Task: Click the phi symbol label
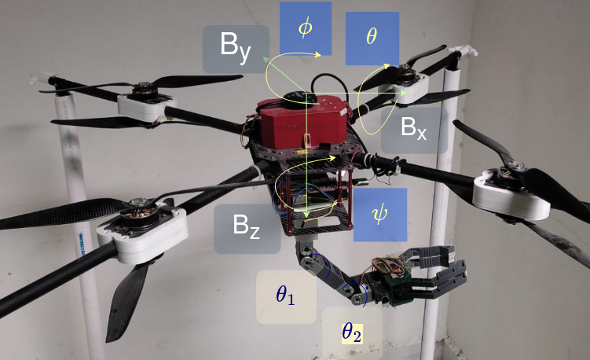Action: pos(305,28)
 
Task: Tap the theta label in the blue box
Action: pos(372,39)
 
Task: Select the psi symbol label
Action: pos(380,214)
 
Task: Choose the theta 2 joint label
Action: pos(352,332)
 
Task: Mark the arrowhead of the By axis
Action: pos(266,58)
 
